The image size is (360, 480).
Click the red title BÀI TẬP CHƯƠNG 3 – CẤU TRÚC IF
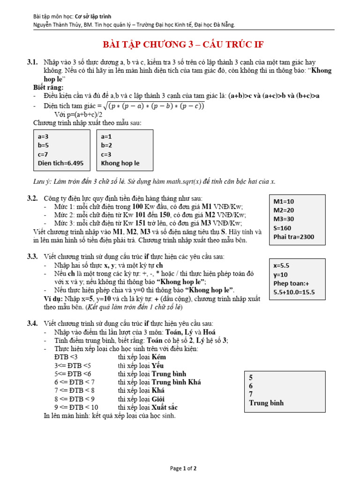tap(183, 45)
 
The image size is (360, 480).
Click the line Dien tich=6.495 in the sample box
tap(60, 163)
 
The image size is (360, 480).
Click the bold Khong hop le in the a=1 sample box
tap(120, 163)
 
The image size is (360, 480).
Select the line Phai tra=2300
tap(294, 237)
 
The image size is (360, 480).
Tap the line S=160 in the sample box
tap(283, 228)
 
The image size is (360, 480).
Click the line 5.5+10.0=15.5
tap(294, 292)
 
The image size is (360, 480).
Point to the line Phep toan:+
tap(292, 283)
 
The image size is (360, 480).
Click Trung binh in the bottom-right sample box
tap(266, 403)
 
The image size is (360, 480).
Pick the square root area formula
tap(154, 106)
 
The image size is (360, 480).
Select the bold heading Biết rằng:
tap(48, 87)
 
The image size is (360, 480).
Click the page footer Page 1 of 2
tap(183, 468)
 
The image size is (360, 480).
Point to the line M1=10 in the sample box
tap(284, 202)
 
